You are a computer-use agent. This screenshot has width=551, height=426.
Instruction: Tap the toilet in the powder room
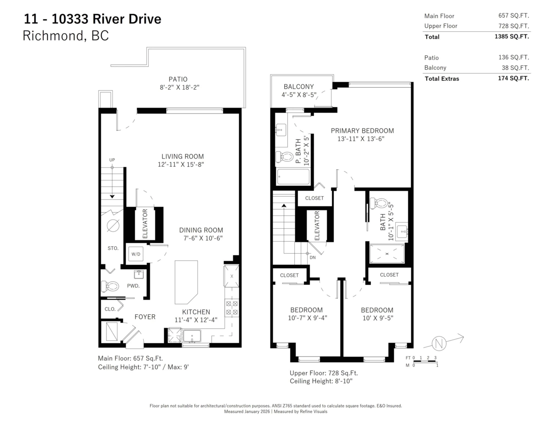click(x=109, y=287)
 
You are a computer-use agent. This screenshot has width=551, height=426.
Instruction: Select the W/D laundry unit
click(x=136, y=254)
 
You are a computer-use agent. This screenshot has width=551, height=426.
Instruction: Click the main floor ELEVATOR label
click(x=145, y=223)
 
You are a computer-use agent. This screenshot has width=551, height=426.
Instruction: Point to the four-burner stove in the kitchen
click(x=231, y=307)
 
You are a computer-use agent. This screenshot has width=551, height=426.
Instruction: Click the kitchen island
click(x=186, y=281)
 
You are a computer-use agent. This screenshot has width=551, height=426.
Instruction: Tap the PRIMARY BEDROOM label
click(x=362, y=131)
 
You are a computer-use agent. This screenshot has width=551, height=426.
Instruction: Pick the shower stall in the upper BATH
click(x=387, y=254)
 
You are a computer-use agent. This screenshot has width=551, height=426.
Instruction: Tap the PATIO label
click(x=178, y=79)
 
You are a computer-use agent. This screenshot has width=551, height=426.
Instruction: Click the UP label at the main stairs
click(x=112, y=160)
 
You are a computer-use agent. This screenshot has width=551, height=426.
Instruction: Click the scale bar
click(x=424, y=361)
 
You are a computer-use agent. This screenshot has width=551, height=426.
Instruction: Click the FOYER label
click(x=145, y=317)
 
